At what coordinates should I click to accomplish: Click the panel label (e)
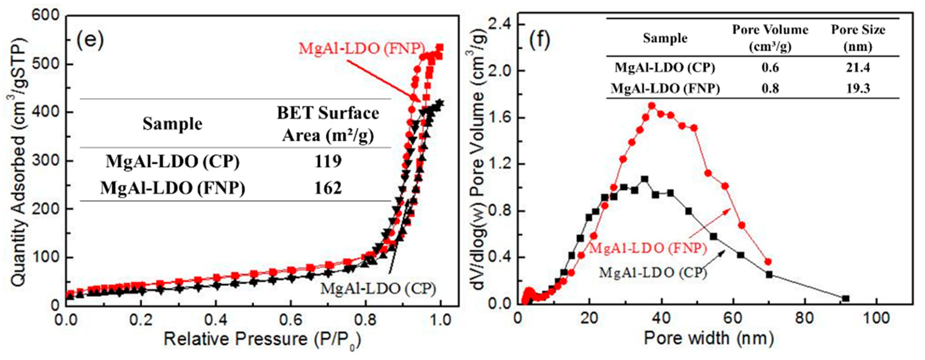tap(90, 40)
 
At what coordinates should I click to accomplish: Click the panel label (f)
tap(539, 40)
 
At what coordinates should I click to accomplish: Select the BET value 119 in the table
tap(328, 162)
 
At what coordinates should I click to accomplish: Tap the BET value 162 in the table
tap(328, 188)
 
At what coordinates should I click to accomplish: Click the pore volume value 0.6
tap(770, 67)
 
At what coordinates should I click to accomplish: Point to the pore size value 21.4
tap(858, 67)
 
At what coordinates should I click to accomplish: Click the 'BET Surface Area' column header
tap(328, 124)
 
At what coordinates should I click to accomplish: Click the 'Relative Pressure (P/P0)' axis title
tap(262, 339)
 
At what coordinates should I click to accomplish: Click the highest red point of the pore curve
tap(652, 106)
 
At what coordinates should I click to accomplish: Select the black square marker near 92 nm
tap(846, 298)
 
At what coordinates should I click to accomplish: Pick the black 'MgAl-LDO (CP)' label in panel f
tap(653, 273)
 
